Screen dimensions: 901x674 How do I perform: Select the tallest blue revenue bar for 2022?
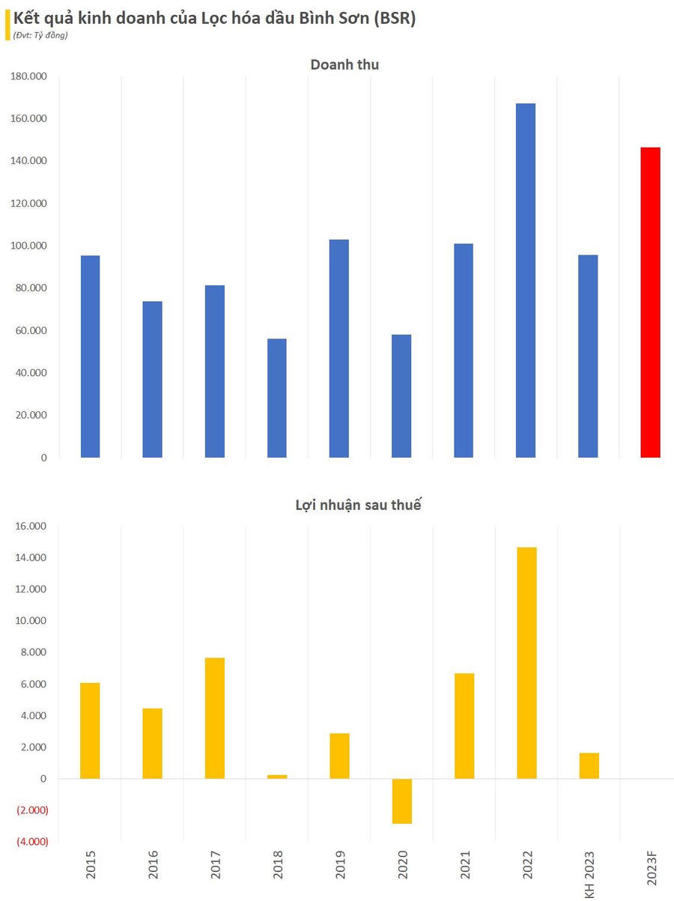526,280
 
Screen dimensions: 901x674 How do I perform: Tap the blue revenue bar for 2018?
276,398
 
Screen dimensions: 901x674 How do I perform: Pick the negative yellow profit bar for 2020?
401,801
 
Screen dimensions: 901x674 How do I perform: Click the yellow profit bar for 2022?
526,663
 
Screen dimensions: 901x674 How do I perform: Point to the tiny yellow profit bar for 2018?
277,777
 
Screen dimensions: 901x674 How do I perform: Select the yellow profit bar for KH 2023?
589,765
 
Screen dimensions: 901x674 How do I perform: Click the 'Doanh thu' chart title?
344,65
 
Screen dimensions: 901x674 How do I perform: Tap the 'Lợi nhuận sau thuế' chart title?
358,506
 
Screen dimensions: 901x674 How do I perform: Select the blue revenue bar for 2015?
90,357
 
